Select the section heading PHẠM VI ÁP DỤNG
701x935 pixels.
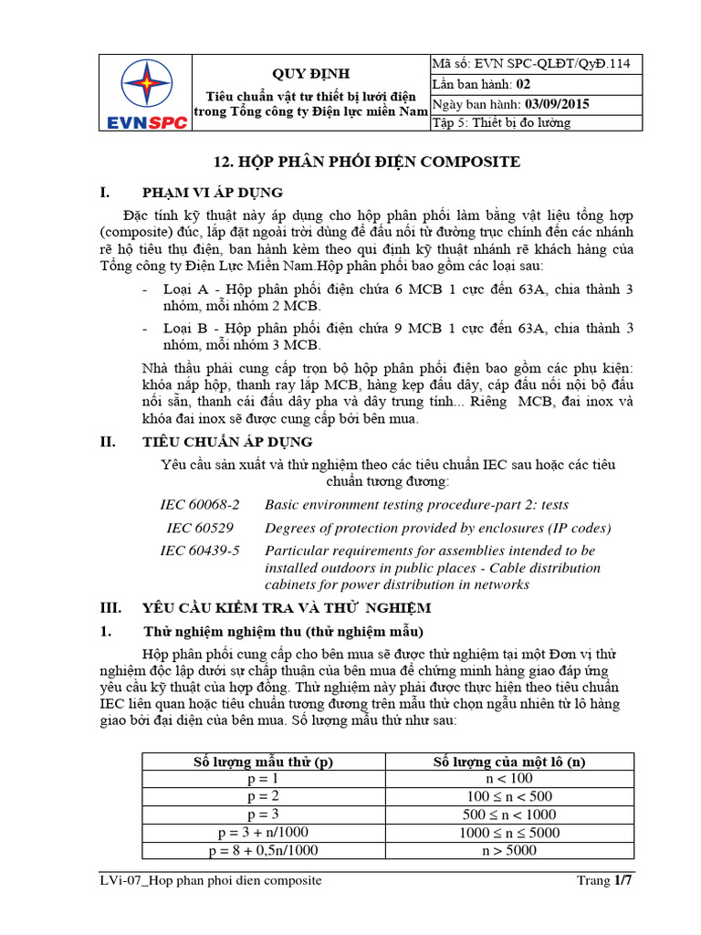tap(213, 193)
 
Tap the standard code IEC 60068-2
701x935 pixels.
tap(200, 504)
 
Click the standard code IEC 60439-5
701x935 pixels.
tap(200, 551)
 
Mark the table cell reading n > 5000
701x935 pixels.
tap(508, 850)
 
